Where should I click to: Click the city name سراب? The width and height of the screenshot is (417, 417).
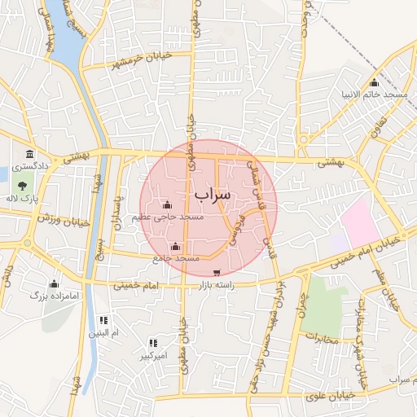pos(213,195)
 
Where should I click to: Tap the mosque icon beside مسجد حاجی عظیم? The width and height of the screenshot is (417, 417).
pos(167,204)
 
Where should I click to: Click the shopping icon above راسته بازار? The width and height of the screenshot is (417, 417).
pos(216,273)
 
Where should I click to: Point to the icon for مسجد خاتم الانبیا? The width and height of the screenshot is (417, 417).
pos(374,83)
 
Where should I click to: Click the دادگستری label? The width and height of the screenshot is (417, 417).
pos(53,165)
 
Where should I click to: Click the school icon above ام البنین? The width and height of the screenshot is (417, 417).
pos(103,321)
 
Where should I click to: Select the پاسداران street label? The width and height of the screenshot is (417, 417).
pos(120,212)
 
